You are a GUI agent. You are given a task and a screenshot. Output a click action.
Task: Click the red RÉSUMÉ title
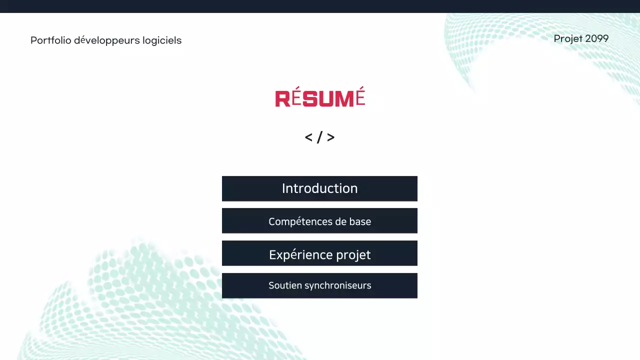pos(320,98)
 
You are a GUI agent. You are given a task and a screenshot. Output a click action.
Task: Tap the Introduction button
pos(319,188)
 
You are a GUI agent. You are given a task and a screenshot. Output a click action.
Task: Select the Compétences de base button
pos(319,221)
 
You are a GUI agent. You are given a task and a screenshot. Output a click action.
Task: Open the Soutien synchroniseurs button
pos(319,285)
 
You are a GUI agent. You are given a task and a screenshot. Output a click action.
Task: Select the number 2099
pos(597,38)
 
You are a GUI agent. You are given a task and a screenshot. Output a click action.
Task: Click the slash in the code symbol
pos(319,137)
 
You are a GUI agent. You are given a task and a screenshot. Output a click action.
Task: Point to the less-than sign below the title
pos(308,137)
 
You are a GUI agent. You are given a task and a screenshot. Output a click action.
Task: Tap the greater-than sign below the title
pos(331,137)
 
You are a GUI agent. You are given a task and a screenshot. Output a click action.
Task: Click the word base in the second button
pos(360,221)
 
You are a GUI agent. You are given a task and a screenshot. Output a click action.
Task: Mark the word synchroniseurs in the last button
pos(337,286)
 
